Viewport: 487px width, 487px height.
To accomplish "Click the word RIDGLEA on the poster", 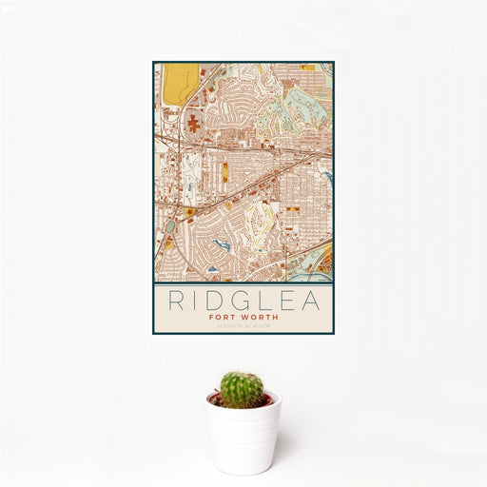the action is [243, 300].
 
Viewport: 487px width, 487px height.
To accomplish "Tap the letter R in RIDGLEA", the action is [176, 300].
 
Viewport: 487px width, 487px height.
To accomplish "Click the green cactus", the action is [242, 389].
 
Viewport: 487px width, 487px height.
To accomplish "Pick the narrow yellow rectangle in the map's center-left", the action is [225, 173].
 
